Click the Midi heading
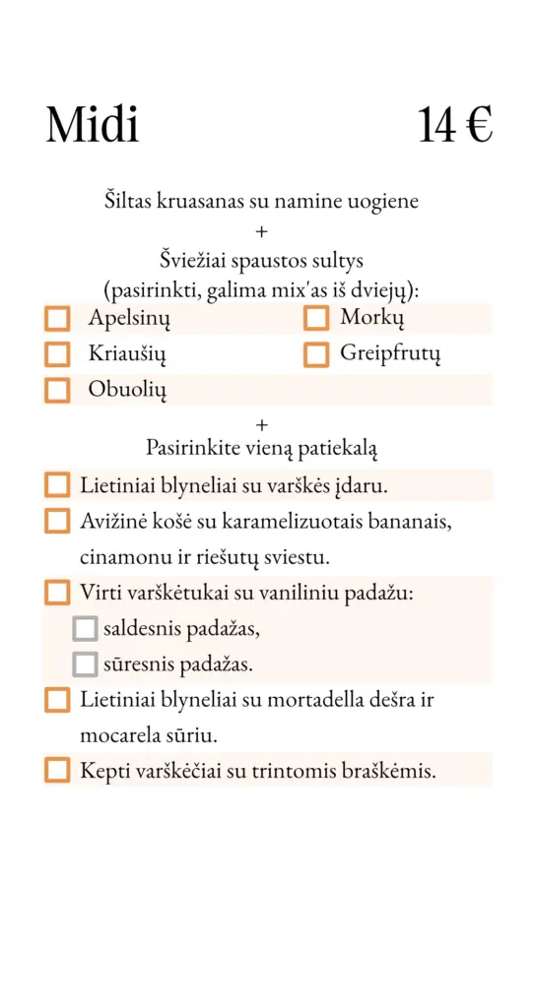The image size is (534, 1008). pos(92,125)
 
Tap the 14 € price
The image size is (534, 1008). pos(454,125)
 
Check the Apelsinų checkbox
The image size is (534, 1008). pos(58,319)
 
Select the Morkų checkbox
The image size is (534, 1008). pos(315,319)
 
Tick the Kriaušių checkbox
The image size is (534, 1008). pos(58,354)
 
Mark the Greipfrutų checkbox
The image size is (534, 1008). pos(315,354)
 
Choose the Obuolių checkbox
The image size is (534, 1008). pos(58,390)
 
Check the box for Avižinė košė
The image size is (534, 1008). pos(58,521)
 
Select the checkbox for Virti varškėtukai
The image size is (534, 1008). pos(58,593)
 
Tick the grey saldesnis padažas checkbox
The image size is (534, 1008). pos(85,628)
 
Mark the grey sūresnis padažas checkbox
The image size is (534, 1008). pos(85,664)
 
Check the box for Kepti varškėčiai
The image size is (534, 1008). pos(58,771)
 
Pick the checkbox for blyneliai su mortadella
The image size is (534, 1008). pos(58,700)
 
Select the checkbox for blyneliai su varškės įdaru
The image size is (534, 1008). pos(58,485)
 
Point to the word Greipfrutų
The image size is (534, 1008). pos(390,353)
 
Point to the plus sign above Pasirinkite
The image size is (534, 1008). pos(261,425)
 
